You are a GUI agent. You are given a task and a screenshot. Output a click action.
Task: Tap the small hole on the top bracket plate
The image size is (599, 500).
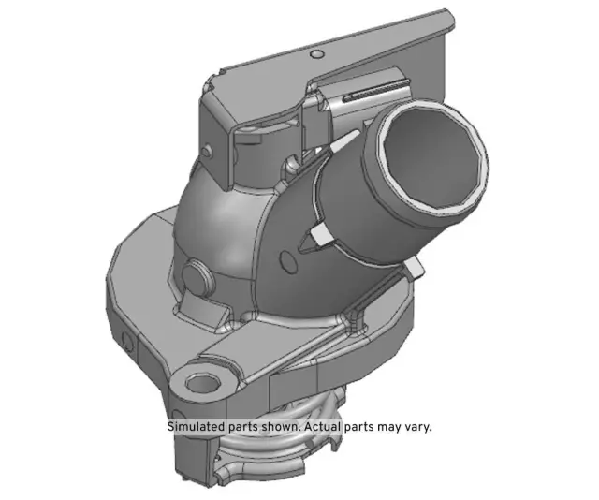pyautogui.click(x=317, y=52)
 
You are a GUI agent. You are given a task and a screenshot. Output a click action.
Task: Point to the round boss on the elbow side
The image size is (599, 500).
pyautogui.click(x=198, y=276)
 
